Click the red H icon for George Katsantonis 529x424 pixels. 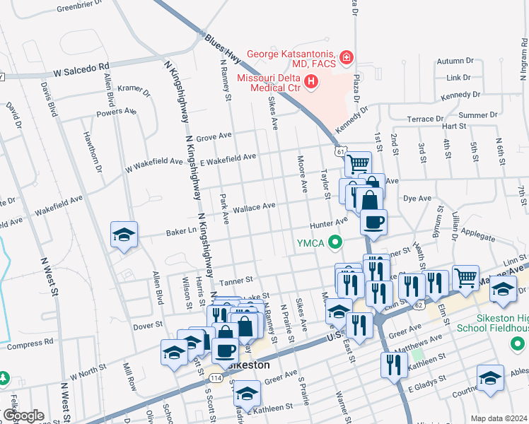[x=347, y=57]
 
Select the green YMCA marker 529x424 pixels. [x=337, y=244]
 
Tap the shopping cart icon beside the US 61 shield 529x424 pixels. [x=359, y=163]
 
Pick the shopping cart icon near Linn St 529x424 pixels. [x=465, y=277]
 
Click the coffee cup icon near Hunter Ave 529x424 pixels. [x=373, y=221]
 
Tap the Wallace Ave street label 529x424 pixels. [x=255, y=206]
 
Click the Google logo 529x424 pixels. [x=23, y=416]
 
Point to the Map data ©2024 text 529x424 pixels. [x=499, y=418]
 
